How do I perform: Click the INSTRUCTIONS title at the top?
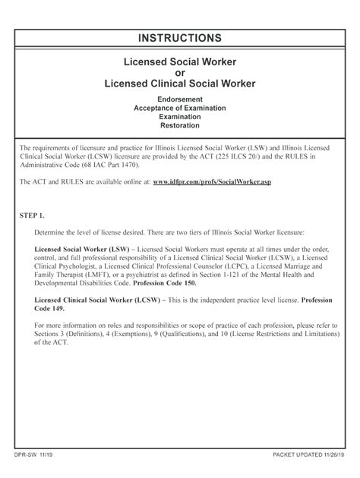pyautogui.click(x=180, y=38)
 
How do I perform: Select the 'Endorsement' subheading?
pyautogui.click(x=180, y=99)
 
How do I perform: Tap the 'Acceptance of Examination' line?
pyautogui.click(x=180, y=108)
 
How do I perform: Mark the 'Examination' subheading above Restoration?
pyautogui.click(x=180, y=118)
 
